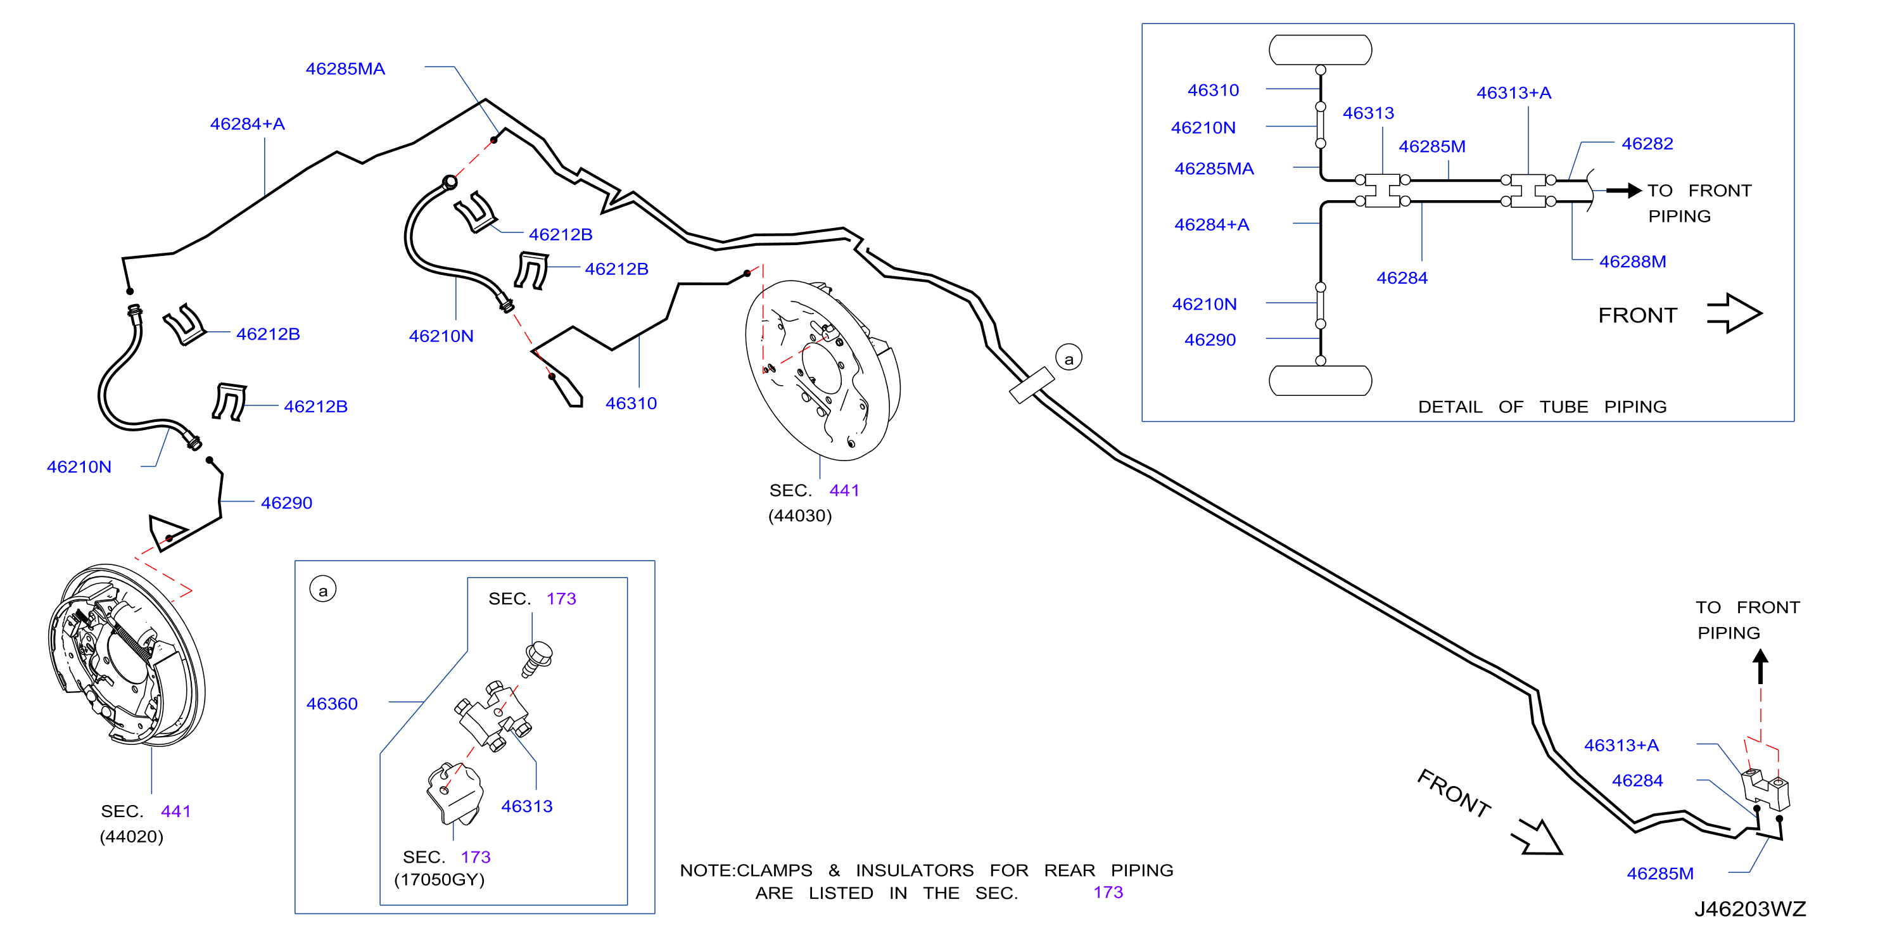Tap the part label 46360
pos(332,704)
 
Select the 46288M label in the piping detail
pos(1632,261)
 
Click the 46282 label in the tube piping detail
pos(1647,144)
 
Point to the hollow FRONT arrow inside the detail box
pos(1734,314)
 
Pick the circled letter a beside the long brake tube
pos(1069,358)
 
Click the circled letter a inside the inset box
pos(323,589)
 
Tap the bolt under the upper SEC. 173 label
pos(537,659)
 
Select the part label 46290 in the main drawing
pos(286,502)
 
